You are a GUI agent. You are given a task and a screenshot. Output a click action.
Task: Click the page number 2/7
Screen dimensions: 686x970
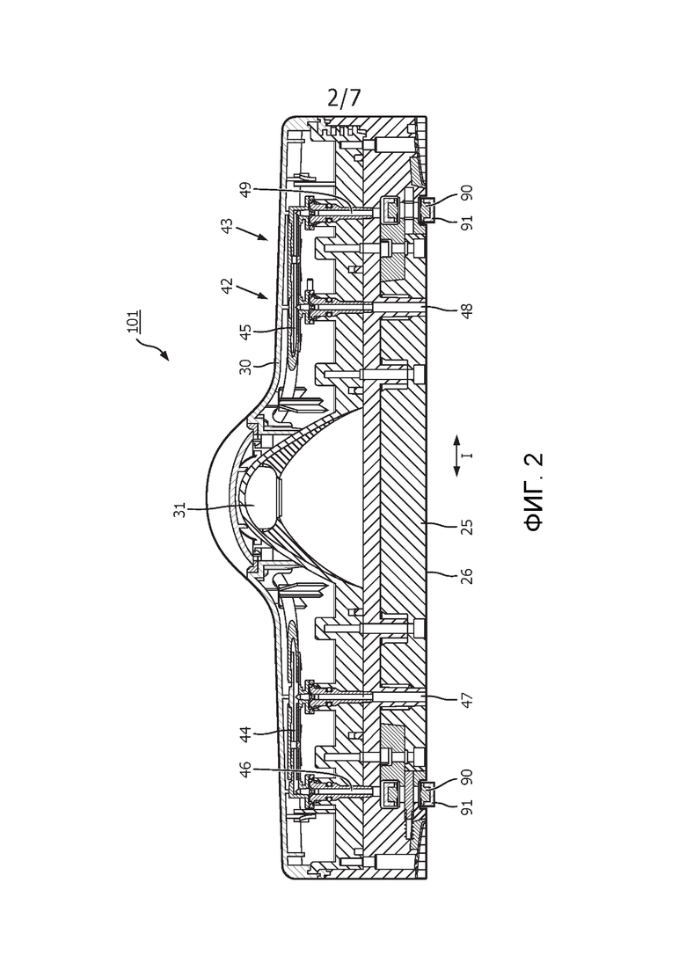[344, 98]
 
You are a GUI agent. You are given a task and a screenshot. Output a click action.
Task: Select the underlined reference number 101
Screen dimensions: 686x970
[133, 322]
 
